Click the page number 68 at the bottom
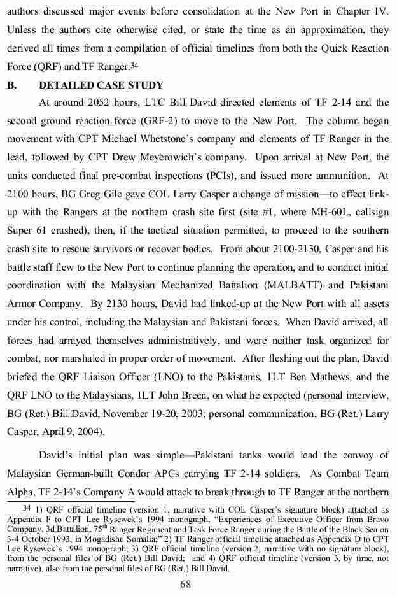pos(198,584)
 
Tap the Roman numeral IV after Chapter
pos(380,10)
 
